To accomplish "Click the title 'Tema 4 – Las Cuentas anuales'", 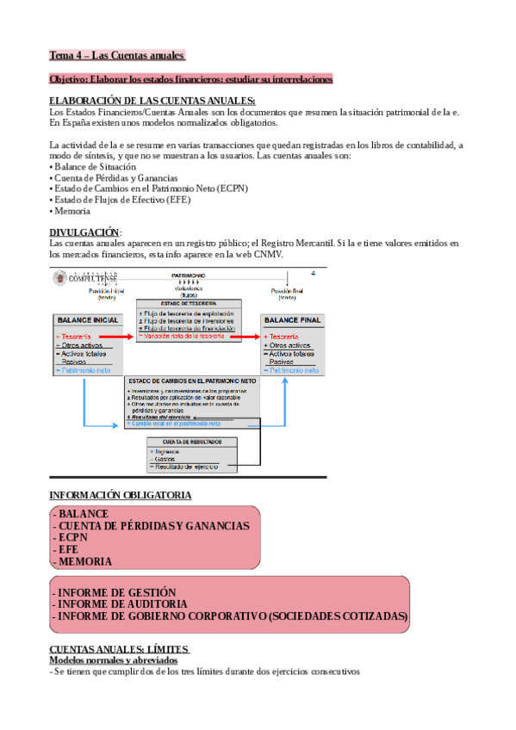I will pyautogui.click(x=116, y=56).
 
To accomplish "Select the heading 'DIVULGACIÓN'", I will pyautogui.click(x=84, y=232).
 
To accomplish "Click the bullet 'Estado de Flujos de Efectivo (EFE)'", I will pyautogui.click(x=121, y=200).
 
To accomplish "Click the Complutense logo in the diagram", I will pyautogui.click(x=86, y=277).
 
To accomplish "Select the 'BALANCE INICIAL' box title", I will pyautogui.click(x=87, y=319).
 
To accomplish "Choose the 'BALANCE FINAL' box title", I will pyautogui.click(x=294, y=319).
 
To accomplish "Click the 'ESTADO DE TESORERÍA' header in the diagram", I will pyautogui.click(x=189, y=305).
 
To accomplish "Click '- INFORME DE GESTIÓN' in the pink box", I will pyautogui.click(x=114, y=592).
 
